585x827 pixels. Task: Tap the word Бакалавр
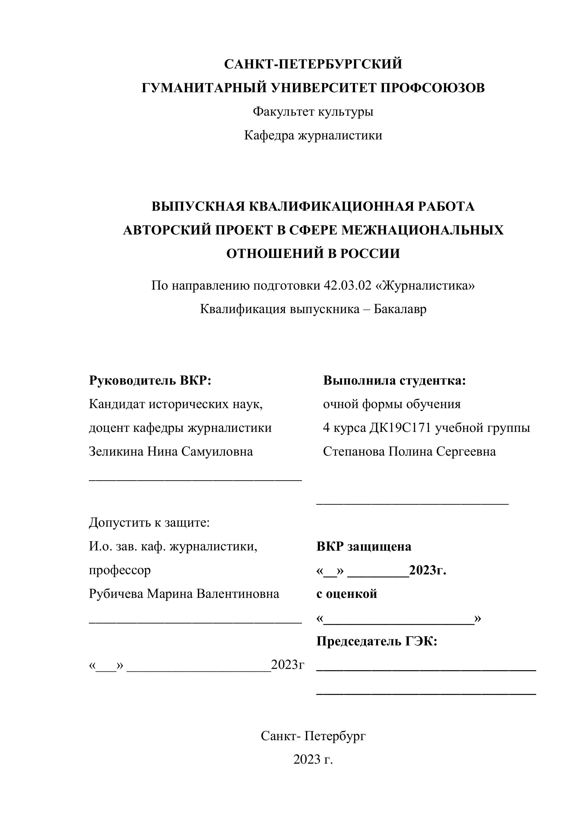coord(400,309)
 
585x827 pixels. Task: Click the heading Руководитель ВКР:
coord(150,380)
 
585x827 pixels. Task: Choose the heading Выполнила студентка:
coord(394,380)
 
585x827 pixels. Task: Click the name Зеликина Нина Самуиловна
coord(171,451)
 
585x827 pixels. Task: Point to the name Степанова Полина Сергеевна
coord(409,451)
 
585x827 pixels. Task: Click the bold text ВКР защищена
coord(364,546)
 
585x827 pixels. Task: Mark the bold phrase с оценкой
coord(347,594)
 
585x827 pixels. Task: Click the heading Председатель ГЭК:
coord(377,641)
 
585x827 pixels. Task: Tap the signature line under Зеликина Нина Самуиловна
coord(195,481)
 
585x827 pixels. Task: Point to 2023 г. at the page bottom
coord(313,760)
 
